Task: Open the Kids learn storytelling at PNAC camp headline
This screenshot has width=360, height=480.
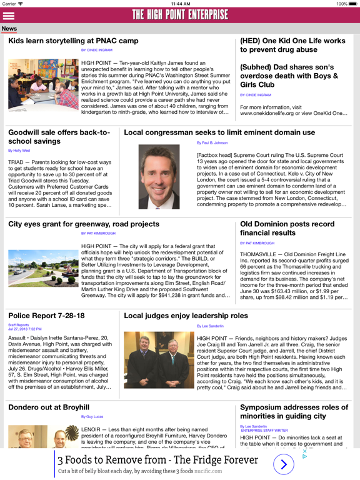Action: [x=73, y=41]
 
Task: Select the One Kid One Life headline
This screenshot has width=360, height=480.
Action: [x=292, y=46]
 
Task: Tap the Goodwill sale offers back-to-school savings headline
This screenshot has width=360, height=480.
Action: [x=59, y=137]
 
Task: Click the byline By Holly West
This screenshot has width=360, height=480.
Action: [x=19, y=151]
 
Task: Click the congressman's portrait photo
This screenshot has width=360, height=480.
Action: [x=159, y=176]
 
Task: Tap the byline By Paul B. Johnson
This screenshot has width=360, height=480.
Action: [x=212, y=143]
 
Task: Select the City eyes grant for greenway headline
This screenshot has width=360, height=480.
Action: [x=84, y=224]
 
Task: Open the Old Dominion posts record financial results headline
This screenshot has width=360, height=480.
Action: [x=287, y=228]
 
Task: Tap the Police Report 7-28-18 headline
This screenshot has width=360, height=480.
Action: [x=46, y=316]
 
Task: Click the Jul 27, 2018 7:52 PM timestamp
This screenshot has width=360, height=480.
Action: [x=25, y=329]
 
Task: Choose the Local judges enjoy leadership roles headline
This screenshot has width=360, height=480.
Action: [x=186, y=316]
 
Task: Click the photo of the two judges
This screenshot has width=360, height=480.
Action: [x=159, y=360]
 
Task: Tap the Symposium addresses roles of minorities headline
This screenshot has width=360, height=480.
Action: [x=294, y=411]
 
